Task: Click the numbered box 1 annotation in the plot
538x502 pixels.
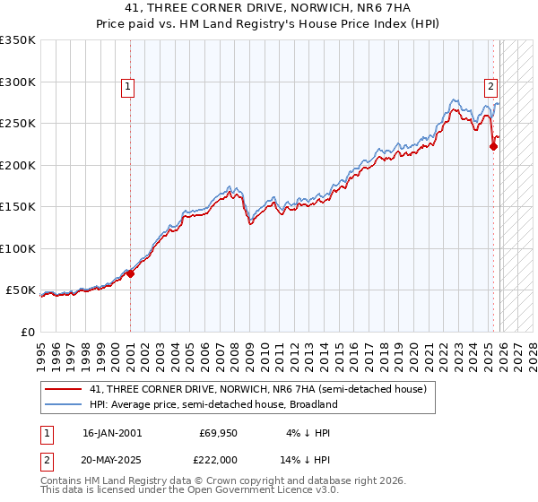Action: tap(128, 87)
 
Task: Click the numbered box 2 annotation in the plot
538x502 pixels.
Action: tap(491, 87)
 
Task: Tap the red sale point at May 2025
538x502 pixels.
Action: tap(493, 147)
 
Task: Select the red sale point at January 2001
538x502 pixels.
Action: tap(130, 273)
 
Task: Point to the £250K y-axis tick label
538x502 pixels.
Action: tap(17, 123)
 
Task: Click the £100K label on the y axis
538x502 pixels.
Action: tap(17, 248)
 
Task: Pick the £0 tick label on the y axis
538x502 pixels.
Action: tap(27, 332)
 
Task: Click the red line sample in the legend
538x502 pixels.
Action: tap(63, 389)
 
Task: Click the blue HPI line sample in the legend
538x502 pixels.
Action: tap(63, 404)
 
